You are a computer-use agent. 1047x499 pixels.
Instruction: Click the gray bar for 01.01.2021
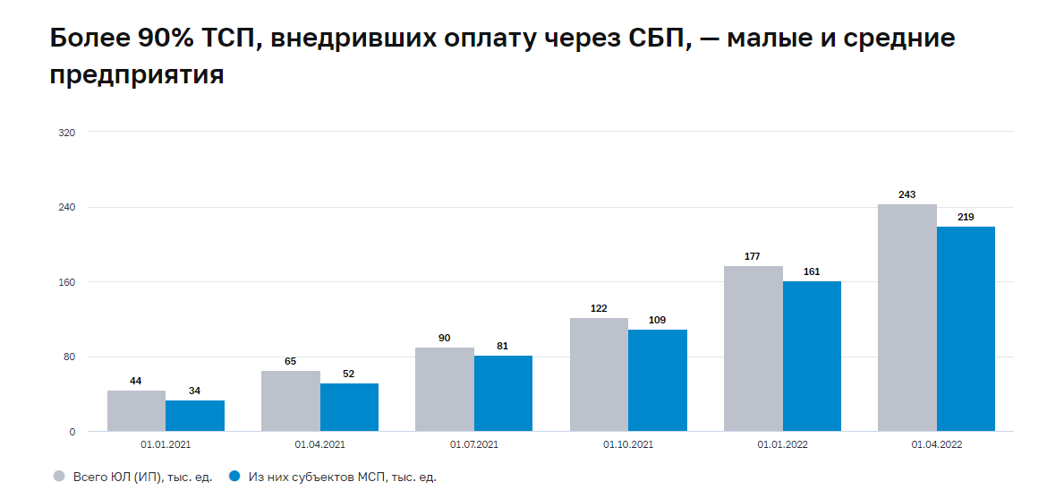pos(136,411)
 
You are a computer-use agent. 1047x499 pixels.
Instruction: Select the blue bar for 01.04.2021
pos(349,408)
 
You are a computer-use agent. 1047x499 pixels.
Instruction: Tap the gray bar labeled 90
pos(445,390)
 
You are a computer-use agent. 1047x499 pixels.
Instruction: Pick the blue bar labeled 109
pos(658,381)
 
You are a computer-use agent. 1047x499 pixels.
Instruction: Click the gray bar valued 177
pos(753,348)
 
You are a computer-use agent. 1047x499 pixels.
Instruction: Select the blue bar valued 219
pos(966,329)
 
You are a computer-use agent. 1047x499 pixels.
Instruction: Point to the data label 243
pos(907,194)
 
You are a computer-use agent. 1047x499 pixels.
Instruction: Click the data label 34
pos(195,391)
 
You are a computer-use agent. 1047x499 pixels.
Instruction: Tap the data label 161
pos(812,271)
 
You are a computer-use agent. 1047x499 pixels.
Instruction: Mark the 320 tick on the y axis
pos(67,133)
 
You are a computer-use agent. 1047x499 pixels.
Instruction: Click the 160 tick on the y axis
pos(67,282)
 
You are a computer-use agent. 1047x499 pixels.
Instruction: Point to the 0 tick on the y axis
pos(72,433)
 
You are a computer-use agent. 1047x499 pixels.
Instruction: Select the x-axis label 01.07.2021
pos(473,444)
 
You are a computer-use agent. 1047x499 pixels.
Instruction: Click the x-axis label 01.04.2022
pos(936,444)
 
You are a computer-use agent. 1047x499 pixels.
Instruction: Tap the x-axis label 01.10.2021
pos(628,444)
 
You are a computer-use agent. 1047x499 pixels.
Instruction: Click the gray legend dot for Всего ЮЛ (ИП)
pos(59,477)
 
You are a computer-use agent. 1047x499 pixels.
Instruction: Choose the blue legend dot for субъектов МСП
pos(235,477)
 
